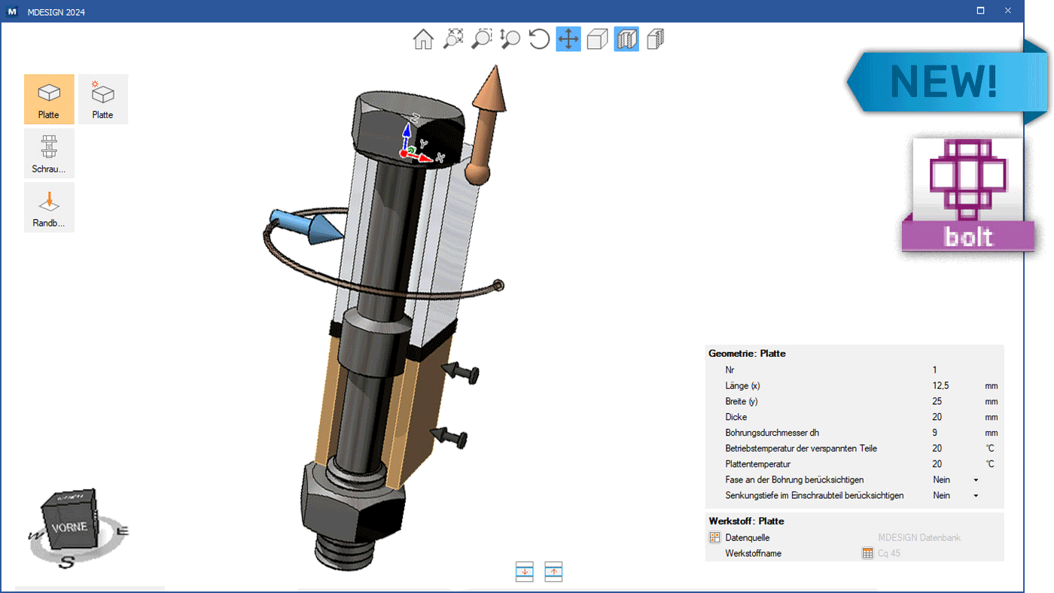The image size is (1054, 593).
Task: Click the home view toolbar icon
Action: click(x=423, y=39)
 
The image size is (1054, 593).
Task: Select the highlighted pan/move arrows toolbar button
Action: click(x=568, y=39)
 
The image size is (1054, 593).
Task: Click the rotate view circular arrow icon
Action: click(x=539, y=39)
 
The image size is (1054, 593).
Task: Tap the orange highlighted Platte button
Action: click(x=49, y=99)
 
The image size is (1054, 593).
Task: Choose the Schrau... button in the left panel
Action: click(x=49, y=154)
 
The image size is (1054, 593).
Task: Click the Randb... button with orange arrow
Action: click(x=49, y=208)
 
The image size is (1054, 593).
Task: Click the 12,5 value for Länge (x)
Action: click(x=940, y=385)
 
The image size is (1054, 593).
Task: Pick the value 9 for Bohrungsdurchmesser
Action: click(x=935, y=433)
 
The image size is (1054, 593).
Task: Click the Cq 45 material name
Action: click(x=889, y=553)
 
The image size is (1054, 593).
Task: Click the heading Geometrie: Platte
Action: click(x=747, y=353)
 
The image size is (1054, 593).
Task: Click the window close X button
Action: click(x=1007, y=11)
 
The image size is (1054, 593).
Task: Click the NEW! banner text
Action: click(x=943, y=81)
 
